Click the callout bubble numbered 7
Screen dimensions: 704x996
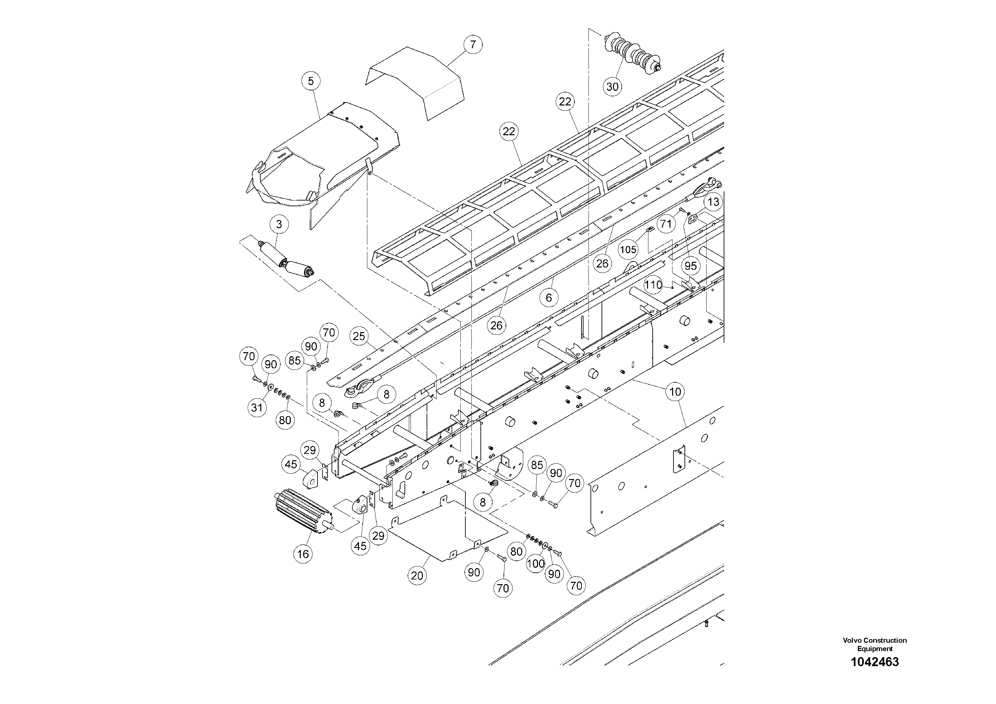pyautogui.click(x=473, y=44)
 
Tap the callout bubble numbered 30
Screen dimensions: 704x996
pyautogui.click(x=612, y=87)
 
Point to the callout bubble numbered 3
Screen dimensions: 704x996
pyautogui.click(x=279, y=224)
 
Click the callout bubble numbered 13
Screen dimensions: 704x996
pyautogui.click(x=714, y=202)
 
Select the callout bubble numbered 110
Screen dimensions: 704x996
pyautogui.click(x=653, y=285)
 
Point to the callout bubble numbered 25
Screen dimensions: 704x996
pyautogui.click(x=359, y=336)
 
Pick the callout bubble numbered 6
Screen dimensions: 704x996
pyautogui.click(x=549, y=297)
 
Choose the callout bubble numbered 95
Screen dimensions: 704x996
pyautogui.click(x=691, y=265)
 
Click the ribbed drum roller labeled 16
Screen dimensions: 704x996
pyautogui.click(x=303, y=513)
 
